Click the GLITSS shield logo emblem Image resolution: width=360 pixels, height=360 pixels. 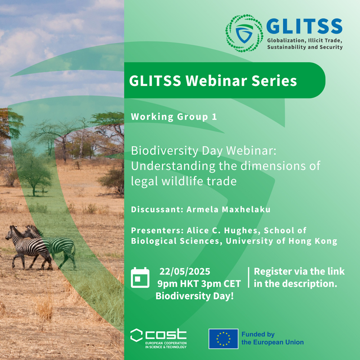coord(244,33)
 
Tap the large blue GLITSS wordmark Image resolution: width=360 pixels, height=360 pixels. coord(304,26)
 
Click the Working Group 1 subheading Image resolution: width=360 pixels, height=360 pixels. coord(174,117)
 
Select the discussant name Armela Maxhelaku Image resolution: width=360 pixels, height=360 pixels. coord(229,210)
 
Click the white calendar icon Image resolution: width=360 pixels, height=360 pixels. coord(140,278)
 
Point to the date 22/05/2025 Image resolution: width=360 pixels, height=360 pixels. coord(185,271)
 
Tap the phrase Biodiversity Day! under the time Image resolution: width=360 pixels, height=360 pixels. coord(195,296)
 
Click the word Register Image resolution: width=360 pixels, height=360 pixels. coord(270,271)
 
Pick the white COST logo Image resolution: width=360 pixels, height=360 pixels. coord(158,338)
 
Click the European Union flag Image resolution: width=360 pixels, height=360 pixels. coord(224,339)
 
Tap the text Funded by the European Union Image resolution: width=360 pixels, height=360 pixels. coord(273,338)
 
